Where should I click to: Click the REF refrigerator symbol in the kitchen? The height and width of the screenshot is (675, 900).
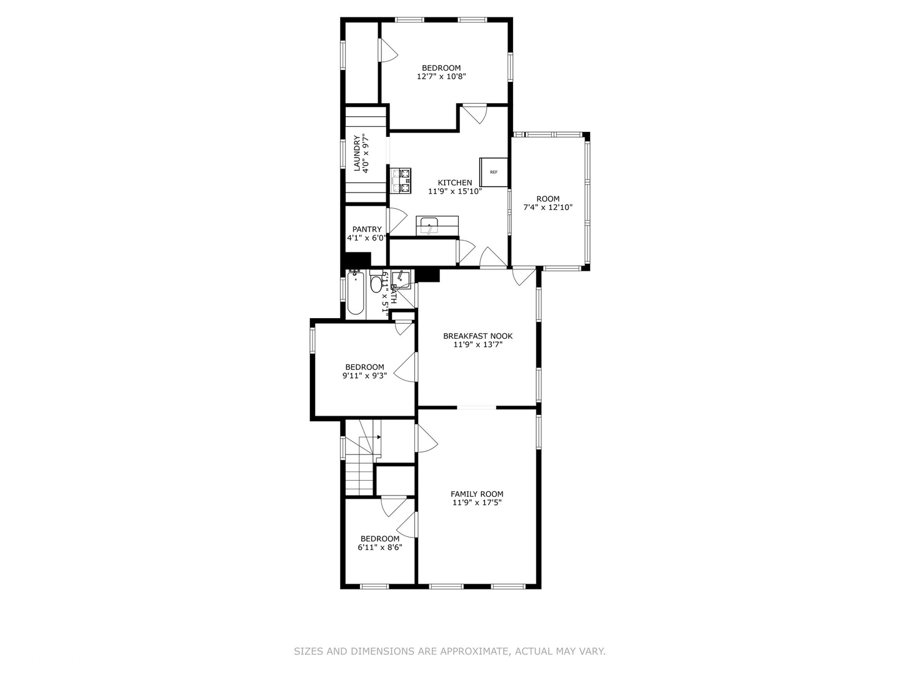click(x=494, y=172)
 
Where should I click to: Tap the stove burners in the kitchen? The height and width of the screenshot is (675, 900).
click(x=401, y=180)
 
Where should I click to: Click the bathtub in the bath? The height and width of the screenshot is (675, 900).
click(x=356, y=293)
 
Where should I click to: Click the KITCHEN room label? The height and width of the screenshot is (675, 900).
click(x=454, y=182)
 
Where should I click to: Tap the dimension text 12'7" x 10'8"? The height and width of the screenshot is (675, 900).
click(x=441, y=77)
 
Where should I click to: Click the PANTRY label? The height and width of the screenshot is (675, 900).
click(x=367, y=229)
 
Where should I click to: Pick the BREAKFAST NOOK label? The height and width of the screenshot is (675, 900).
click(x=477, y=336)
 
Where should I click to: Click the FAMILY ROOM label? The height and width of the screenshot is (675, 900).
click(x=477, y=494)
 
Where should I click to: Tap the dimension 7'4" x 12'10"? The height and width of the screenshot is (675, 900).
click(x=547, y=207)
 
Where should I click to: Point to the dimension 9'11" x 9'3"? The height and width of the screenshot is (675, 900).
click(x=364, y=376)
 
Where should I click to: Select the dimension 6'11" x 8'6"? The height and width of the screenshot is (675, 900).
click(x=379, y=547)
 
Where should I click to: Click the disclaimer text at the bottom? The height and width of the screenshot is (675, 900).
click(x=449, y=651)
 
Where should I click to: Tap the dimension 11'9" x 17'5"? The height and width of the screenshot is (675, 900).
click(x=477, y=502)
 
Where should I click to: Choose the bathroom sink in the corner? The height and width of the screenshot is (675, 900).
click(x=401, y=279)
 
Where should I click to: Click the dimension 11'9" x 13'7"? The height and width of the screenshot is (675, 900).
click(x=477, y=344)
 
